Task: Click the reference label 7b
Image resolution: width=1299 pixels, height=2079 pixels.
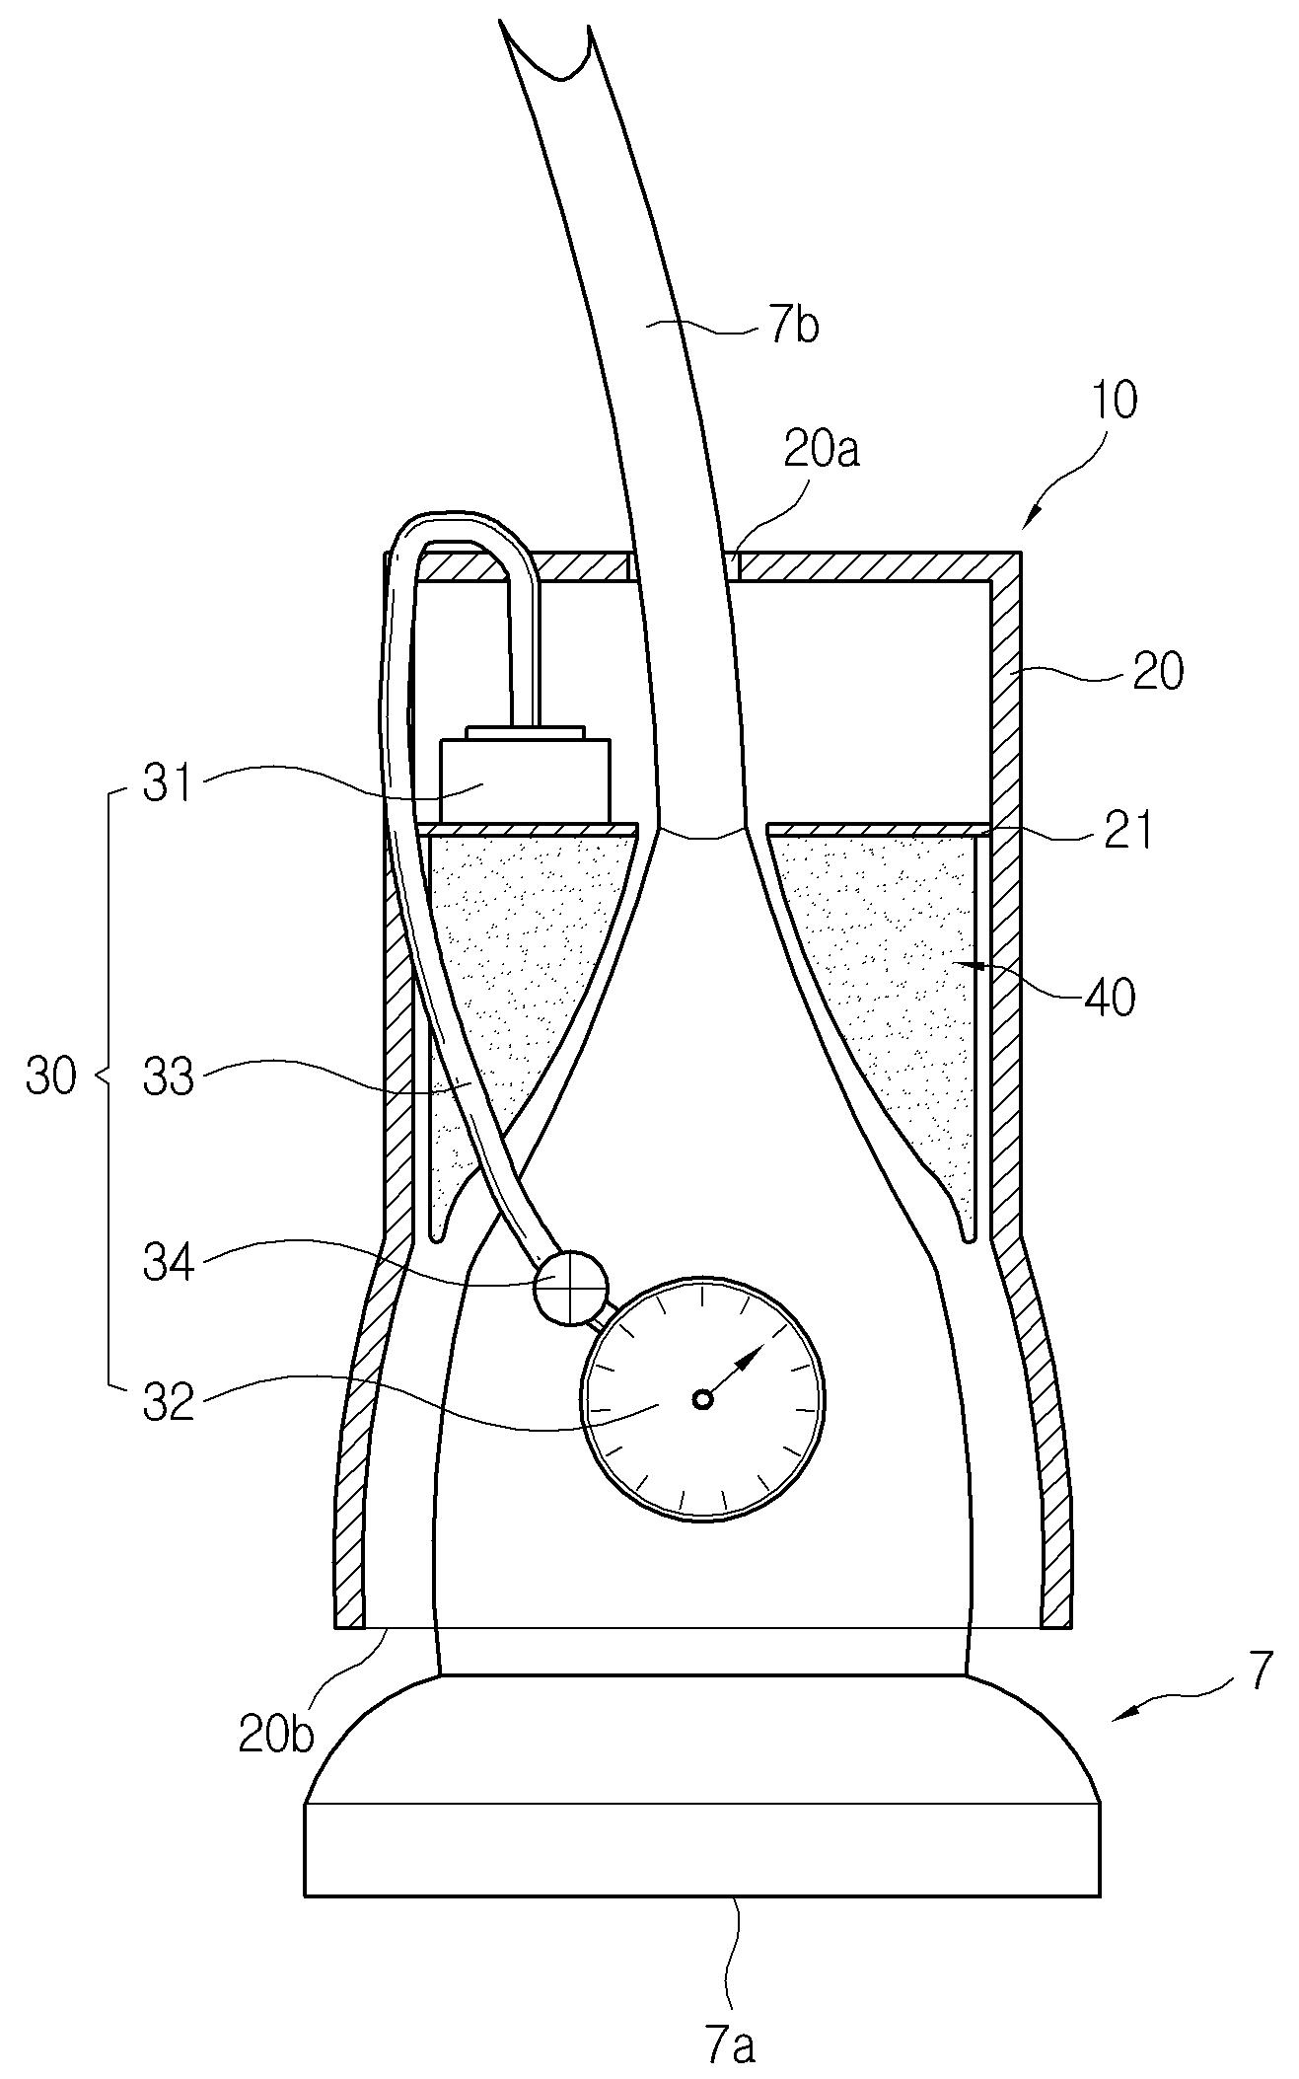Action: coord(793,325)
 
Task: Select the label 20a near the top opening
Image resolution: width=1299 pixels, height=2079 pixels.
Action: coord(822,450)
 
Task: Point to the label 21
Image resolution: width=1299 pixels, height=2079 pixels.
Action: coord(1127,831)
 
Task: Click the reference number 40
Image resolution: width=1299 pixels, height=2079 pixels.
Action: coord(1110,998)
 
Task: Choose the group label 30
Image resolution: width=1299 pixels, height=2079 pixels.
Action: coord(51,1077)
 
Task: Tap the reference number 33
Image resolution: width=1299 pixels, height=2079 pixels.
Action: coord(169,1077)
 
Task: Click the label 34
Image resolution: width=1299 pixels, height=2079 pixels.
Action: coord(169,1263)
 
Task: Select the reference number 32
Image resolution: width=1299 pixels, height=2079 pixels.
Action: coord(169,1402)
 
